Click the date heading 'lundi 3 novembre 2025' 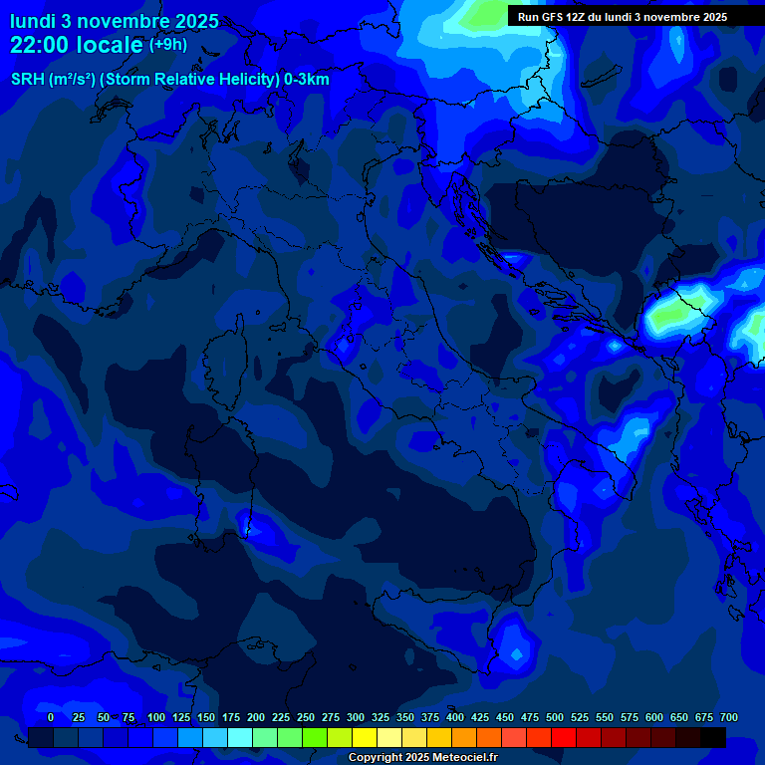pyautogui.click(x=115, y=21)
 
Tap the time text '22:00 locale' pyautogui.click(x=77, y=45)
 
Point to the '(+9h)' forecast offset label pyautogui.click(x=167, y=45)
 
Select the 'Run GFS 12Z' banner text pyautogui.click(x=553, y=17)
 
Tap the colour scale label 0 pyautogui.click(x=51, y=717)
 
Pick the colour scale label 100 pyautogui.click(x=156, y=717)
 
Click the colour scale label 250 pyautogui.click(x=306, y=717)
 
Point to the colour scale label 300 pyautogui.click(x=356, y=717)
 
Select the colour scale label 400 pyautogui.click(x=455, y=717)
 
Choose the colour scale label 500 pyautogui.click(x=555, y=717)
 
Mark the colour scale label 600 pyautogui.click(x=654, y=717)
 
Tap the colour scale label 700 pyautogui.click(x=729, y=717)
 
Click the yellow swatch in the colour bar pyautogui.click(x=365, y=738)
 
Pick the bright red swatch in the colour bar pyautogui.click(x=564, y=738)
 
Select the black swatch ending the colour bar pyautogui.click(x=713, y=738)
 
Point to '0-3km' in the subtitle pyautogui.click(x=307, y=80)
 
